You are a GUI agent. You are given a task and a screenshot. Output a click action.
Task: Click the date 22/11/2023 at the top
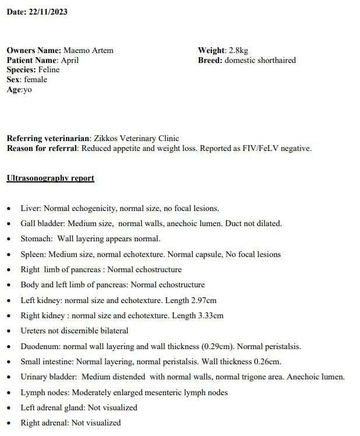(48, 12)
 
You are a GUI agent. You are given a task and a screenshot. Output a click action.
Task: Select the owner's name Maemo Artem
(88, 51)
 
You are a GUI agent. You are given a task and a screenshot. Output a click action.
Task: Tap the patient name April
(69, 60)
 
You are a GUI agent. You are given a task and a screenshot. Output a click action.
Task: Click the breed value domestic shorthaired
(260, 60)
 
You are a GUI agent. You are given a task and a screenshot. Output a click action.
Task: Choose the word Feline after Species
(49, 70)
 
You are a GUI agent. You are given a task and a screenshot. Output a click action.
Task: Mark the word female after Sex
(36, 79)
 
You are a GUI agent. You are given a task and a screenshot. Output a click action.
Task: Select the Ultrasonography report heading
(50, 178)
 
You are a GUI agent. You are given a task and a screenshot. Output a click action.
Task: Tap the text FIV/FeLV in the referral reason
(253, 148)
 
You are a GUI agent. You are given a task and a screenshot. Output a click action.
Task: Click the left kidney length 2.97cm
(204, 301)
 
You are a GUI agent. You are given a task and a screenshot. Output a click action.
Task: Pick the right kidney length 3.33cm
(210, 316)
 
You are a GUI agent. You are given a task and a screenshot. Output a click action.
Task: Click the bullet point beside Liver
(9, 209)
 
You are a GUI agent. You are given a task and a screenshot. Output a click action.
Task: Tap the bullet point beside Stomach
(9, 240)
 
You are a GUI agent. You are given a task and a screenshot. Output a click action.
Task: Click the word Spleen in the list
(33, 255)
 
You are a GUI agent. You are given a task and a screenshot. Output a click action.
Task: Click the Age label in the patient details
(14, 89)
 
